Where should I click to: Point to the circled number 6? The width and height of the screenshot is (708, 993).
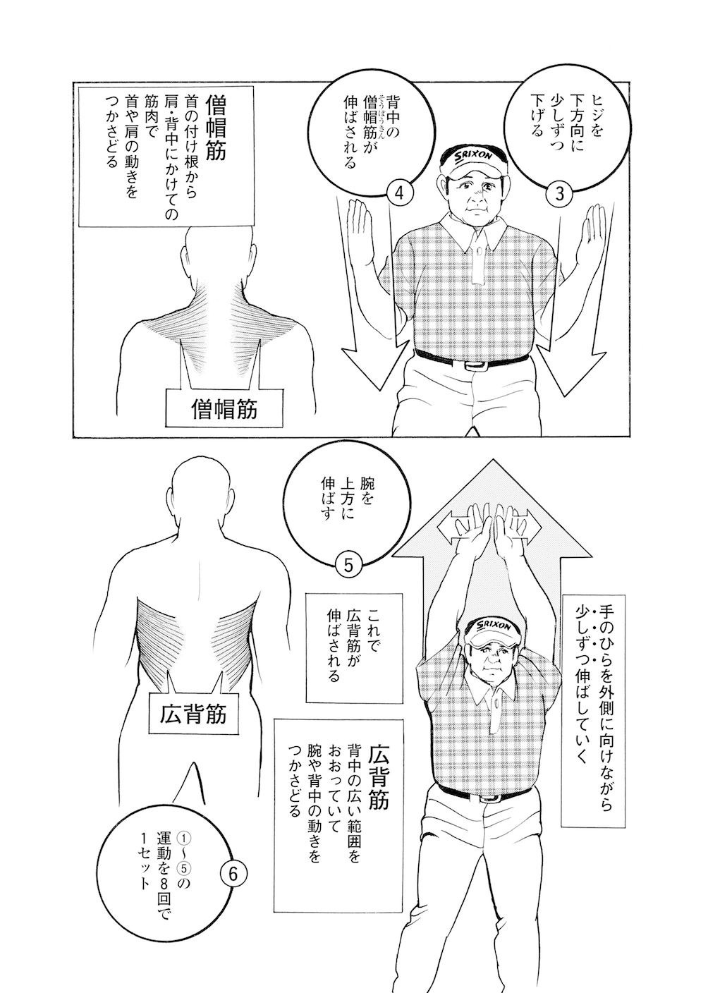[235, 873]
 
